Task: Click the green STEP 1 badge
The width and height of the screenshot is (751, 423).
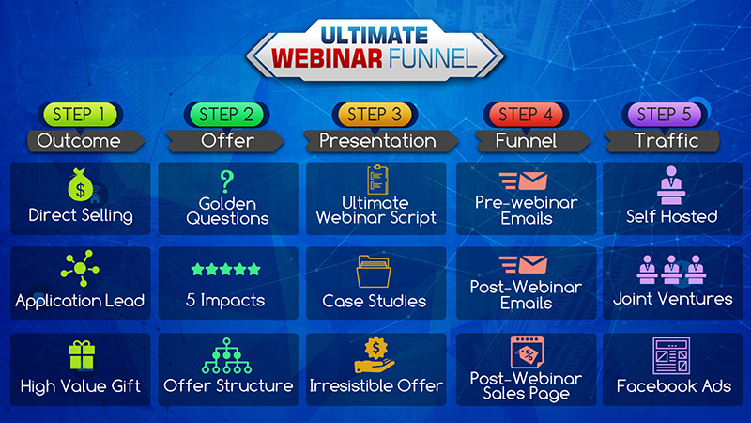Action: click(80, 115)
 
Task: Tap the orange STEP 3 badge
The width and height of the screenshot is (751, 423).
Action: click(375, 115)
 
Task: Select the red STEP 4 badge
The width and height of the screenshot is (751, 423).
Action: click(526, 115)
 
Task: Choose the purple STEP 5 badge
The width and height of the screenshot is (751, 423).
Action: click(664, 115)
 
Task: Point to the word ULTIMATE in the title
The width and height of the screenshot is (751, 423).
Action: click(374, 36)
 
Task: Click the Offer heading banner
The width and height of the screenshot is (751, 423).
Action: click(226, 141)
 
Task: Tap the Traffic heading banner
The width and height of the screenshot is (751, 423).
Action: click(663, 141)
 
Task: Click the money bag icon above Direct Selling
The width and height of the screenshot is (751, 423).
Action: click(80, 184)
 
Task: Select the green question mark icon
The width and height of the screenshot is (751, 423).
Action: click(226, 181)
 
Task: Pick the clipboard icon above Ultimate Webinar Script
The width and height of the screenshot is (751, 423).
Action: click(377, 180)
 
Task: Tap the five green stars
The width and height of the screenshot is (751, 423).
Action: click(225, 270)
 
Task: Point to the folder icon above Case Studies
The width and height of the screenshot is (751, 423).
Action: click(374, 272)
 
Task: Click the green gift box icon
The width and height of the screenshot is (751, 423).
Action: click(82, 355)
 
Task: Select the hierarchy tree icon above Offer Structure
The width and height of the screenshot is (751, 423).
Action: click(226, 356)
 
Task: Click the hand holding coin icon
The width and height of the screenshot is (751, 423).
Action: click(375, 355)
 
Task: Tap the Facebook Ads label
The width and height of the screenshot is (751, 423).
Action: click(673, 386)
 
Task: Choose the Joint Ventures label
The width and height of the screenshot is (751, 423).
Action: click(672, 299)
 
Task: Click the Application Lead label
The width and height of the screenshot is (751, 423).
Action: click(80, 301)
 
